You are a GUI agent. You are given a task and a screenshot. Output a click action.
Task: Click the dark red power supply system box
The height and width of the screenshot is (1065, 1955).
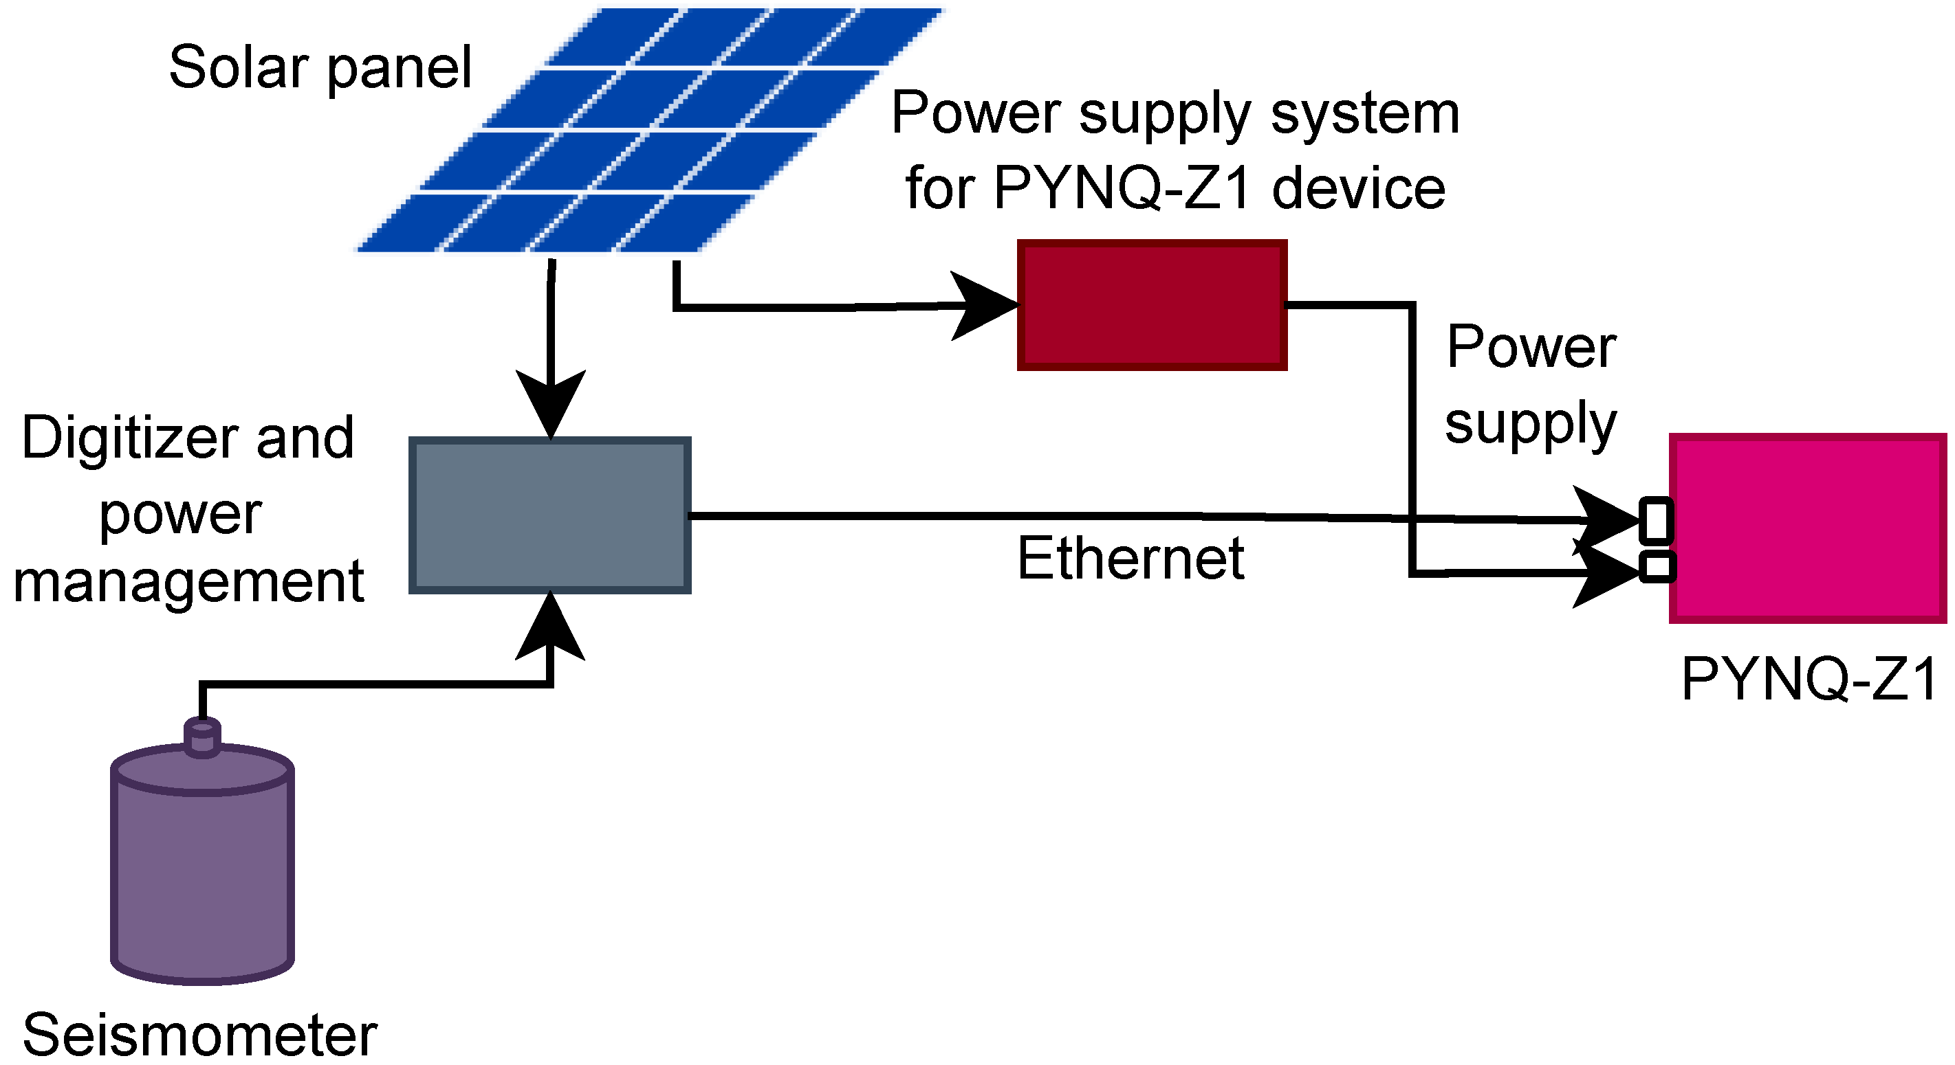click(1151, 305)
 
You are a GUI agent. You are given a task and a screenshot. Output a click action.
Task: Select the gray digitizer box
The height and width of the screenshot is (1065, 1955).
click(549, 515)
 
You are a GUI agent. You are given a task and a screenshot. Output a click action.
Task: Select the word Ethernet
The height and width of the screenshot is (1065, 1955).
click(1130, 559)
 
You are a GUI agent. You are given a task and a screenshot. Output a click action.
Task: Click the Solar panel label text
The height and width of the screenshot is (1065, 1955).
click(320, 68)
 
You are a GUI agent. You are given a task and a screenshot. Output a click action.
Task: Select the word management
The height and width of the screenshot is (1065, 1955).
click(189, 583)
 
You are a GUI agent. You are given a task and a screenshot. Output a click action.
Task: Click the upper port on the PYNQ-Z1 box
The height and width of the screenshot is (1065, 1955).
click(1656, 520)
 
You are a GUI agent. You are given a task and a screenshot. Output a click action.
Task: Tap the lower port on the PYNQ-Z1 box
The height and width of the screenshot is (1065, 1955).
click(1657, 567)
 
